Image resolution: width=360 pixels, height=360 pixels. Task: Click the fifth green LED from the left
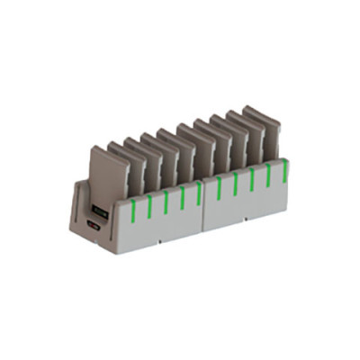pyautogui.click(x=199, y=191)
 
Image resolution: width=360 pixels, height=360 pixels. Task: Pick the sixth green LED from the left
pyautogui.click(x=219, y=186)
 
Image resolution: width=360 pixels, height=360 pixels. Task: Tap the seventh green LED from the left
pyautogui.click(x=236, y=183)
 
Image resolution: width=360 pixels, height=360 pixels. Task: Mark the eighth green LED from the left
pyautogui.click(x=252, y=179)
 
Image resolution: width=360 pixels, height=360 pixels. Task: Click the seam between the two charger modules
pyautogui.click(x=208, y=207)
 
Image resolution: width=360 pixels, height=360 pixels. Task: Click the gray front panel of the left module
pyautogui.click(x=162, y=225)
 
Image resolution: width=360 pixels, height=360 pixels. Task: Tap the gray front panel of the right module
pyautogui.click(x=247, y=202)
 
